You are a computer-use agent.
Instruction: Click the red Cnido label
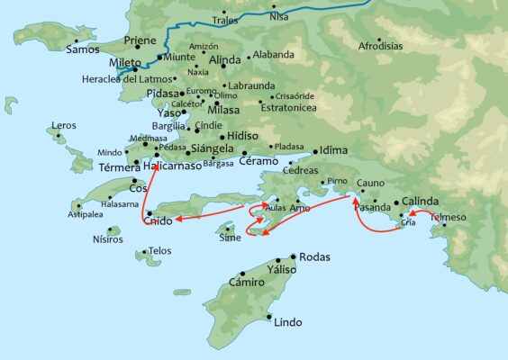pyautogui.click(x=158, y=221)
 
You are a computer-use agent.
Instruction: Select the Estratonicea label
pyautogui.click(x=287, y=105)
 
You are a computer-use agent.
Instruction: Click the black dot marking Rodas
pyautogui.click(x=294, y=256)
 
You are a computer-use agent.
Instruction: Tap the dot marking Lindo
pyautogui.click(x=269, y=317)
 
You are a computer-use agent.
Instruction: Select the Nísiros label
pyautogui.click(x=120, y=241)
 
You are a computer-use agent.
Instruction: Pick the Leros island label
pyautogui.click(x=64, y=125)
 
